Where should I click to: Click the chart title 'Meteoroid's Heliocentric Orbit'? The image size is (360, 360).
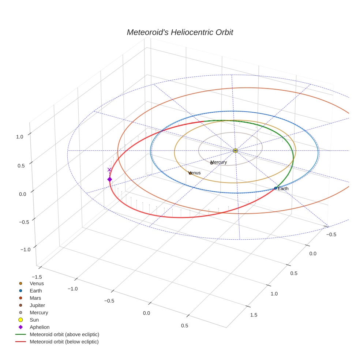[x=180, y=33]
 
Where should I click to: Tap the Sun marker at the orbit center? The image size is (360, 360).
[x=235, y=150]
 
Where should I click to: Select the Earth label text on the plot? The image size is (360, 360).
[x=283, y=189]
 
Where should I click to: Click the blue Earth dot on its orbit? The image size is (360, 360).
[x=275, y=188]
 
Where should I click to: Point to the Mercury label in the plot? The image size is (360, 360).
[x=219, y=162]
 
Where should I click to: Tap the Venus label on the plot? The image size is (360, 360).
[x=194, y=173]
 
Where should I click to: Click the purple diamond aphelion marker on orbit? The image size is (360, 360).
[x=109, y=179]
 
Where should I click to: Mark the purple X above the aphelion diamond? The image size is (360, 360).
[x=109, y=170]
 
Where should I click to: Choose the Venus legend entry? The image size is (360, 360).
[x=37, y=283]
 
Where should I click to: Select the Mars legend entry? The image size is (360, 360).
[x=35, y=298]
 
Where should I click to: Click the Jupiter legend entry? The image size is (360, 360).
[x=37, y=305]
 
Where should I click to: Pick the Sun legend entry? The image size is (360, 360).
[x=34, y=320]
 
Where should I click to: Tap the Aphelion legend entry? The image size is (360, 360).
[x=40, y=327]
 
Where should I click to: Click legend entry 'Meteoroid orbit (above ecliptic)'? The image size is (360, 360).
[x=64, y=334]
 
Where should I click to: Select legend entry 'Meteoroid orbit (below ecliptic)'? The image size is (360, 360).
[x=64, y=342]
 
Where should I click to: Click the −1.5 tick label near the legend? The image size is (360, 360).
[x=36, y=277]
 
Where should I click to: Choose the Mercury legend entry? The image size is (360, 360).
[x=39, y=312]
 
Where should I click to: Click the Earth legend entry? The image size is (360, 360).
[x=36, y=290]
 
